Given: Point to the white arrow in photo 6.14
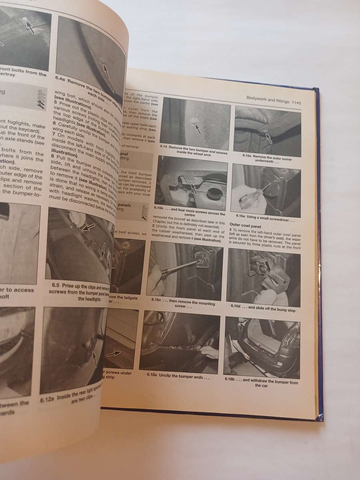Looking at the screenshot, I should pos(197,128).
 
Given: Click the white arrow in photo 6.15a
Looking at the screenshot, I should pos(268,138).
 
